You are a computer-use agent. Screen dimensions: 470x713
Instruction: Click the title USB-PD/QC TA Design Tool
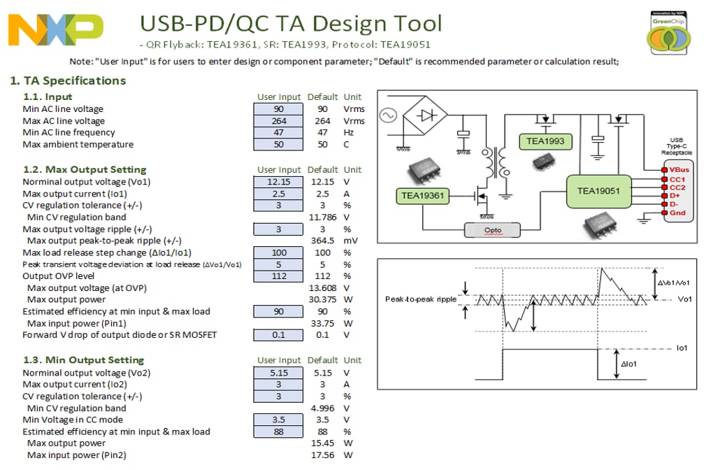pos(291,24)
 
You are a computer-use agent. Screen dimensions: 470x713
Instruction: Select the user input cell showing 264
pos(278,121)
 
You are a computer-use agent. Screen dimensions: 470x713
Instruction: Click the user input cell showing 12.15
pos(278,182)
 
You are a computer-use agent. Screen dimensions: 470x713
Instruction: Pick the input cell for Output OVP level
pos(278,276)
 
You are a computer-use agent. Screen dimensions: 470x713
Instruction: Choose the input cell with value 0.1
pos(278,335)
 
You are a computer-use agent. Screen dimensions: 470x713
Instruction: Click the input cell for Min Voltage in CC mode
pos(278,420)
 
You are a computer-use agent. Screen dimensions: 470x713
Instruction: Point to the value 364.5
pos(322,241)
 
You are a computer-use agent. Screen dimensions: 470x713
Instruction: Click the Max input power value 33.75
pos(322,323)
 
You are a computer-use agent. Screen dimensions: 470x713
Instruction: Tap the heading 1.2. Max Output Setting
pos(85,169)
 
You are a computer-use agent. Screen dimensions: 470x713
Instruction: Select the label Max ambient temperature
pos(78,145)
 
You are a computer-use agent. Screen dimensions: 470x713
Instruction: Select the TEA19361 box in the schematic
pos(422,195)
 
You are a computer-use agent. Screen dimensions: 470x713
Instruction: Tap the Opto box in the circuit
pos(493,229)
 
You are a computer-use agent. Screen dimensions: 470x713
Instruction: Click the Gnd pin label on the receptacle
pos(677,213)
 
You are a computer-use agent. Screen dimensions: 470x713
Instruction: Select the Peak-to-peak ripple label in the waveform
pos(421,299)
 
